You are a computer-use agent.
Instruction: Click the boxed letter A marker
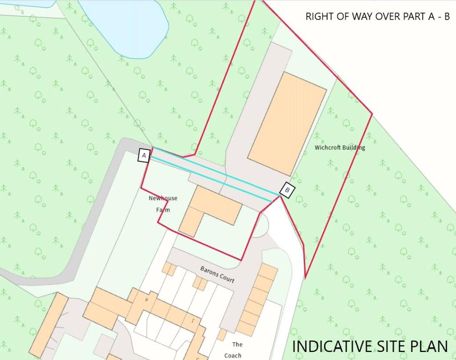tap(144, 155)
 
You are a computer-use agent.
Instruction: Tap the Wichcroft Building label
tap(340, 147)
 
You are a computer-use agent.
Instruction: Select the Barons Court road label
tap(217, 275)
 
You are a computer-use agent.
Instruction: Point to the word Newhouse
tap(160, 198)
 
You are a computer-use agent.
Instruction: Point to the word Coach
tap(232, 355)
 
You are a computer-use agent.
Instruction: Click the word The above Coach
tap(237, 344)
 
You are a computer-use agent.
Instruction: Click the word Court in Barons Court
tap(226, 279)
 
